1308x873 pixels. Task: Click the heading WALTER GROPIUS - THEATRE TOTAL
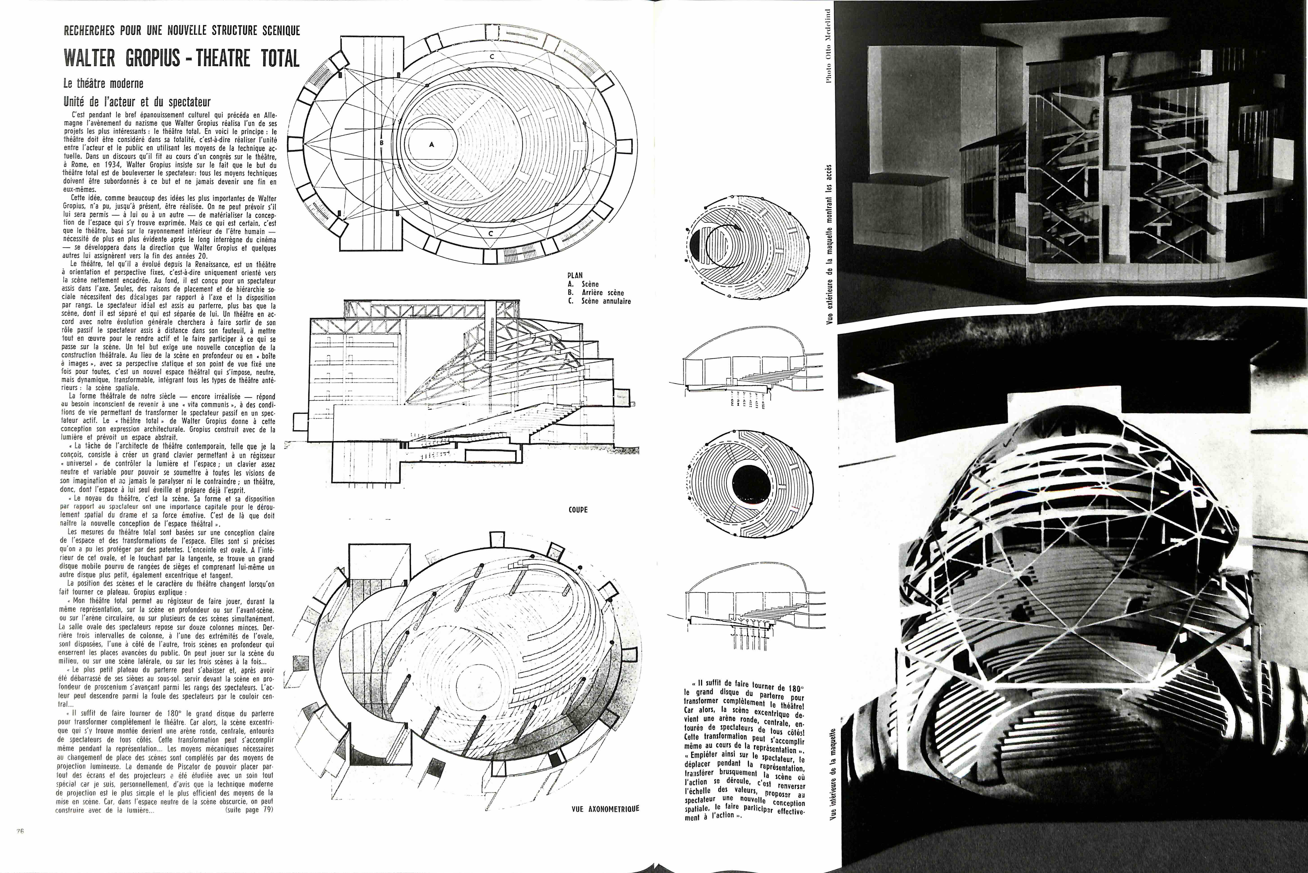coord(182,58)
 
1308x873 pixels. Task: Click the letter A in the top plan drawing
coord(431,144)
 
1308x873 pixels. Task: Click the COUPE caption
coord(578,509)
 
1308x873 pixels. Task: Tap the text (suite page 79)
coord(249,810)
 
